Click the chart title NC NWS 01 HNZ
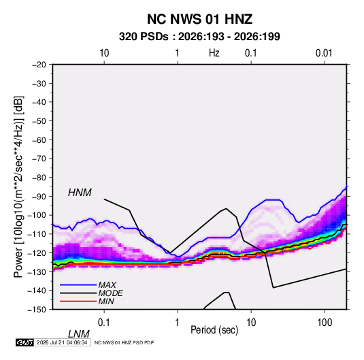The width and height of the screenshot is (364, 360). click(x=199, y=19)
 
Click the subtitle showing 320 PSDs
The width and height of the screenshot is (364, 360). click(x=199, y=37)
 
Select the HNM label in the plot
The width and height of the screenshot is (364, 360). click(x=80, y=193)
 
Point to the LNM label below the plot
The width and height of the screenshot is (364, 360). click(x=79, y=334)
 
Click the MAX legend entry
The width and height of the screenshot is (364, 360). click(x=107, y=284)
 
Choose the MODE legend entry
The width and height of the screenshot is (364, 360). click(x=110, y=293)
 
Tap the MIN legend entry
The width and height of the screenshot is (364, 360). click(x=106, y=301)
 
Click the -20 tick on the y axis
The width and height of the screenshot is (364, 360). click(x=39, y=65)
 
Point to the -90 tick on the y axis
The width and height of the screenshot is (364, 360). click(x=39, y=196)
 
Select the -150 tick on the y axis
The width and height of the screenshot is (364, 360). click(x=37, y=310)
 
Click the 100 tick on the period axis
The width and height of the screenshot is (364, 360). click(x=325, y=323)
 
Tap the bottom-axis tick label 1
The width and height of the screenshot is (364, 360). click(x=178, y=323)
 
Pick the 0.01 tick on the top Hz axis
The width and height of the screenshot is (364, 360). click(x=324, y=53)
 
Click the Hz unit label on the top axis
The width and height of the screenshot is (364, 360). click(x=214, y=53)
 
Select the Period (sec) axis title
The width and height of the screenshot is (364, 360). click(x=214, y=330)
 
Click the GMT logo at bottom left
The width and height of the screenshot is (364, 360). click(x=24, y=342)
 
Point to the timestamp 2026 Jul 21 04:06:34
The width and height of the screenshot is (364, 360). click(x=62, y=342)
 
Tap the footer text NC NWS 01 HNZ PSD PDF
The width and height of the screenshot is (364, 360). click(x=124, y=342)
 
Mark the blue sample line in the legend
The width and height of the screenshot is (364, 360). click(x=78, y=285)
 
